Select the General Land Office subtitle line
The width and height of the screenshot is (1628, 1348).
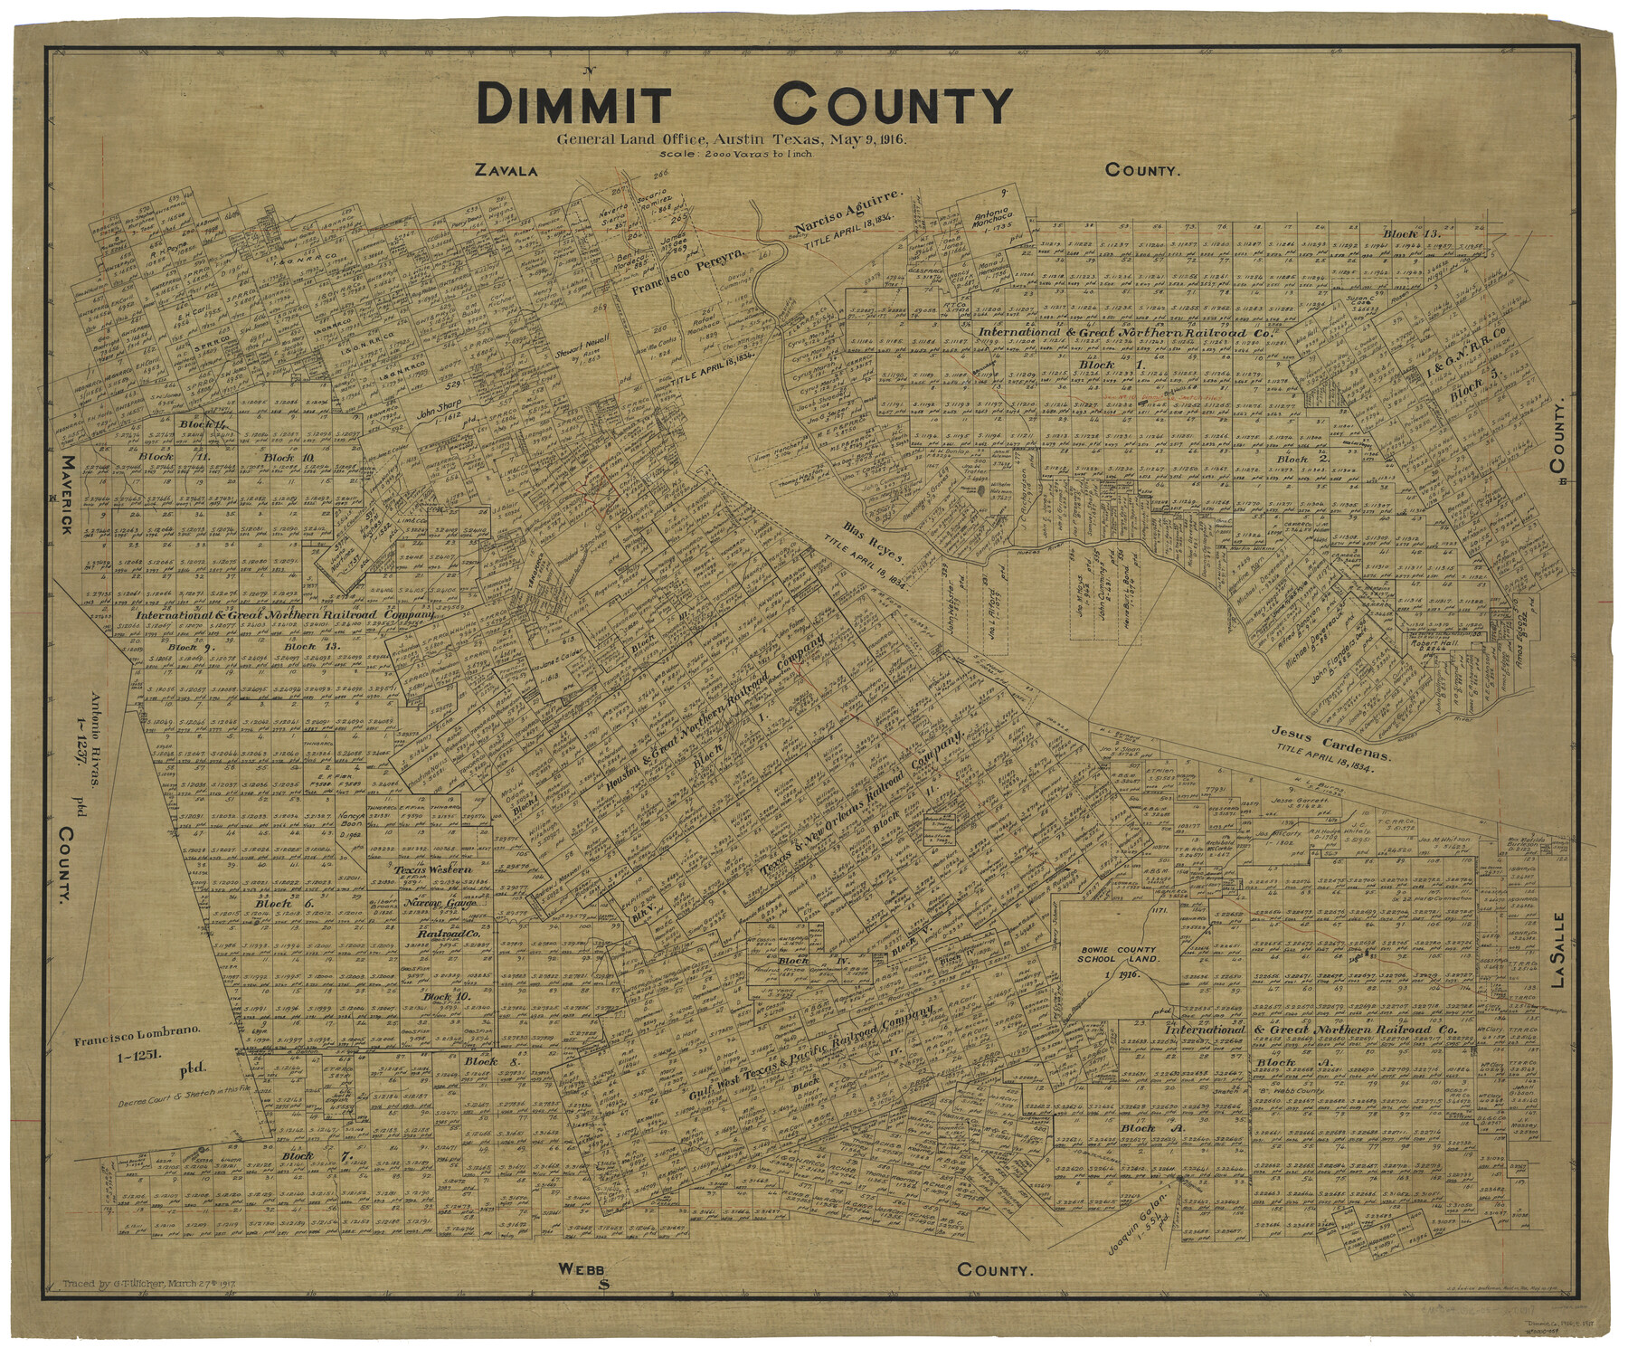coord(732,140)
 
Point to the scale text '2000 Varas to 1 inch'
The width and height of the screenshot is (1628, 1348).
coord(737,154)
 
